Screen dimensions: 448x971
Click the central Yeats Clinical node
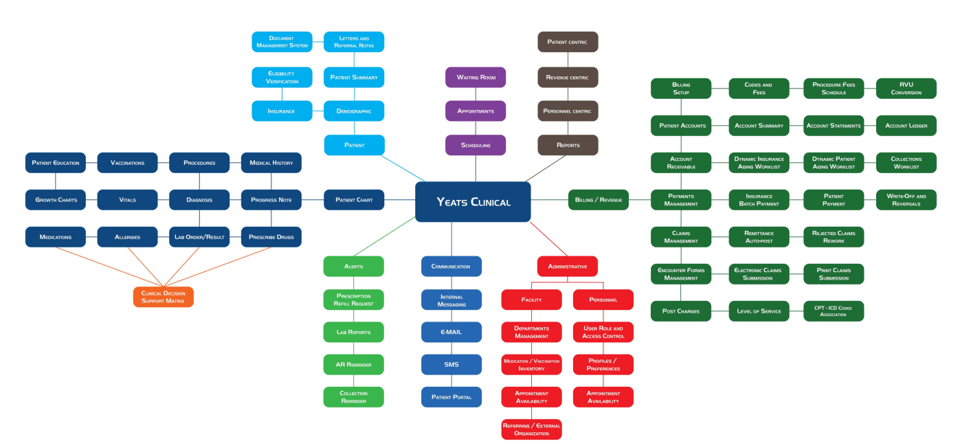[x=473, y=202]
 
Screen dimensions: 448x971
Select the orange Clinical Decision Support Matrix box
[x=163, y=297]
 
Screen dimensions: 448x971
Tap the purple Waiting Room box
[x=476, y=77]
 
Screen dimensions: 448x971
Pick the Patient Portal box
[x=451, y=397]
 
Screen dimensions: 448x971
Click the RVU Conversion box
[x=906, y=89]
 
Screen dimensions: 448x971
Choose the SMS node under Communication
[x=451, y=365]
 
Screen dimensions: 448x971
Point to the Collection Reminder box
[x=354, y=397]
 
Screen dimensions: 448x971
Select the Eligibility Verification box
[x=282, y=77]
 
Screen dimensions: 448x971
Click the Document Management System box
[x=282, y=42]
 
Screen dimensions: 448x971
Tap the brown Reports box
[x=568, y=145]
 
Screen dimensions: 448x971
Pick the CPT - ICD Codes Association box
[x=834, y=311]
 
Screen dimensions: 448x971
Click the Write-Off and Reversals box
[x=906, y=200]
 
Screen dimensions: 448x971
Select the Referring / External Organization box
[x=531, y=429]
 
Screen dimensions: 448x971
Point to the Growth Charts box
[x=56, y=200]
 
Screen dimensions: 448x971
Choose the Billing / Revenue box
[x=599, y=200]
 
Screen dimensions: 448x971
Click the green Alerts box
[x=354, y=266]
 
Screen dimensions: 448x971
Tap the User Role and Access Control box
[x=603, y=332]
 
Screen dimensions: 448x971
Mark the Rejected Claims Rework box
[x=834, y=237]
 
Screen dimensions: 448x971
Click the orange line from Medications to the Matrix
[x=109, y=267]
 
